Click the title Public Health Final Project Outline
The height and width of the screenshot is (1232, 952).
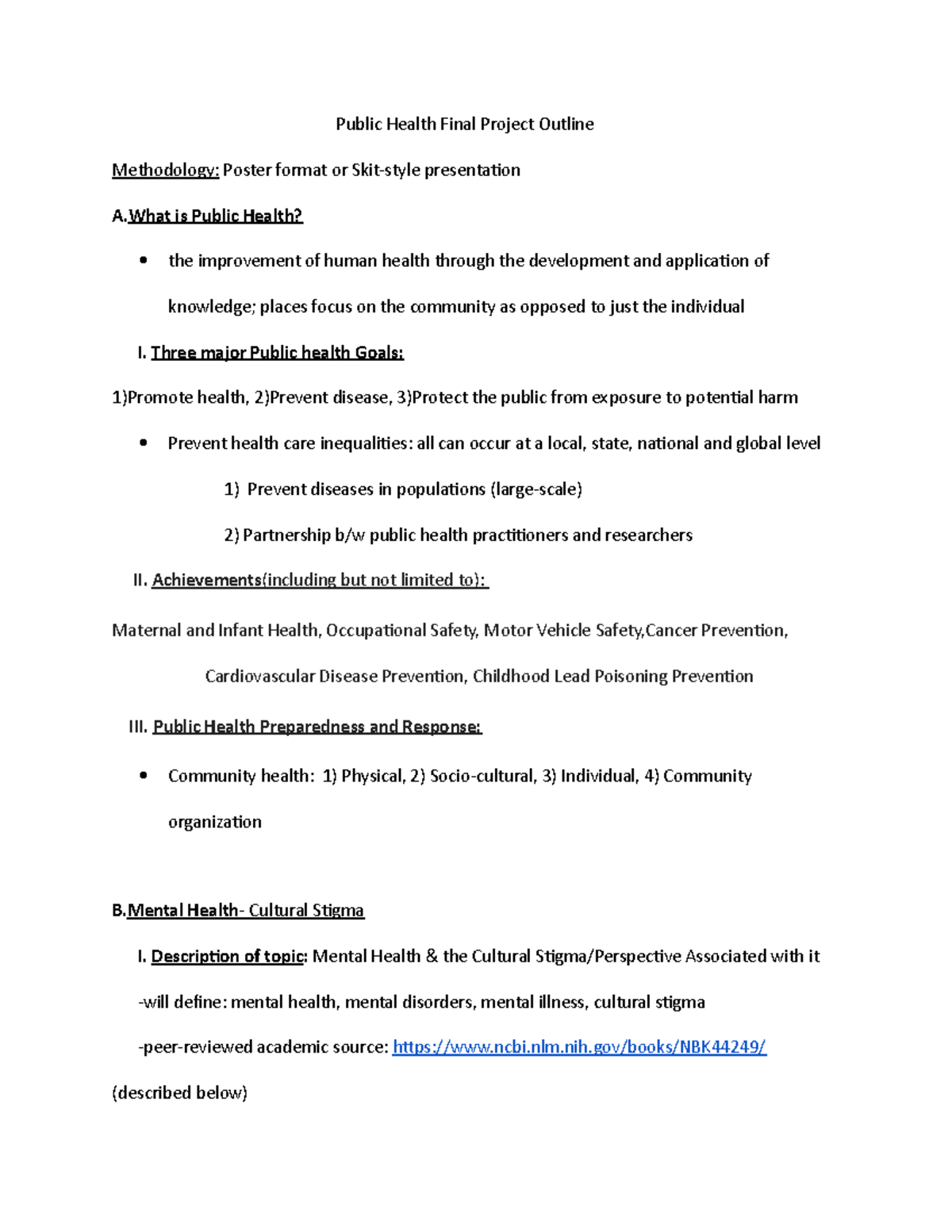(464, 124)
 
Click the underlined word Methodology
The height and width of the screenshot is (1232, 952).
(165, 170)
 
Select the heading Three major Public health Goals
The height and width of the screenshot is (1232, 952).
(277, 352)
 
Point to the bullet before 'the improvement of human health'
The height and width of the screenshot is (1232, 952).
(143, 261)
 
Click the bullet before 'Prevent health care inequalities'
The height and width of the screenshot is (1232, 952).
(143, 443)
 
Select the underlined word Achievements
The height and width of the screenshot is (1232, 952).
(206, 580)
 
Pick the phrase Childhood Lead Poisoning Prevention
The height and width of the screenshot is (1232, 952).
(612, 677)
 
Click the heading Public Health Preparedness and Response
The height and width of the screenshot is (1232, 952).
(317, 727)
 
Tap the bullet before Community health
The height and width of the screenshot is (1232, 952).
(143, 776)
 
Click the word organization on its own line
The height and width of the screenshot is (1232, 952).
(214, 822)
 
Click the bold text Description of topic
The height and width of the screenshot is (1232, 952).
(227, 957)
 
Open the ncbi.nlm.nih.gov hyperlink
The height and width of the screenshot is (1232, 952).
(579, 1047)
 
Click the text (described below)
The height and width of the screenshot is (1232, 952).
(180, 1093)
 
